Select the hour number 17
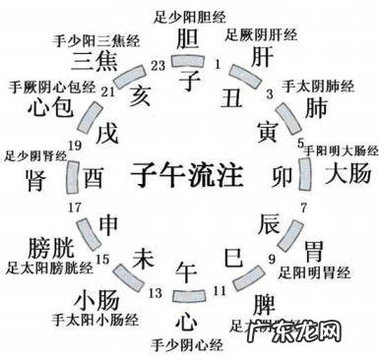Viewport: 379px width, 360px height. click(x=72, y=209)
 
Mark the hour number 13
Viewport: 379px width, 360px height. click(x=156, y=292)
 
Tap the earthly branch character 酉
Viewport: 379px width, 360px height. click(x=94, y=178)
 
